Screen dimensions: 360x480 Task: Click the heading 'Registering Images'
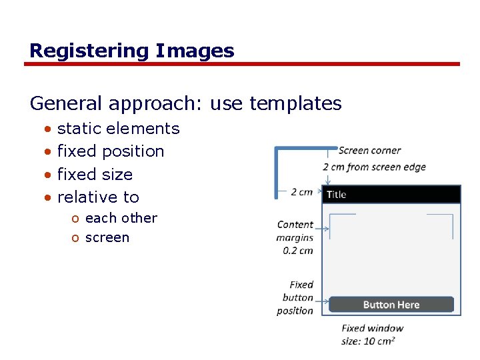132,51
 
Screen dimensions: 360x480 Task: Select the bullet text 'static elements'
118,129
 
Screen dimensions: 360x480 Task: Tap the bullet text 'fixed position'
111,151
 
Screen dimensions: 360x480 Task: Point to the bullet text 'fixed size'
95,175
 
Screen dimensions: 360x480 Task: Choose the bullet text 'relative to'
98,197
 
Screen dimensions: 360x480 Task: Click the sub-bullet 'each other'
121,218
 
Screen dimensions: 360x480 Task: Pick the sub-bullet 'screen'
107,238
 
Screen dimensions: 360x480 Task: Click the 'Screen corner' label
369,151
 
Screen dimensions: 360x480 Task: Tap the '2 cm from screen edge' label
374,167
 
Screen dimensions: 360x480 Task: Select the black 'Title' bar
391,195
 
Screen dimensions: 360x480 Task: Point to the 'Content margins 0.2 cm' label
295,237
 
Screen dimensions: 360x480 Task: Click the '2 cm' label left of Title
301,192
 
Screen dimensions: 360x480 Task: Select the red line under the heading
242,65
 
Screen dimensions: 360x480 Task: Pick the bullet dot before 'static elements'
47,129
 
